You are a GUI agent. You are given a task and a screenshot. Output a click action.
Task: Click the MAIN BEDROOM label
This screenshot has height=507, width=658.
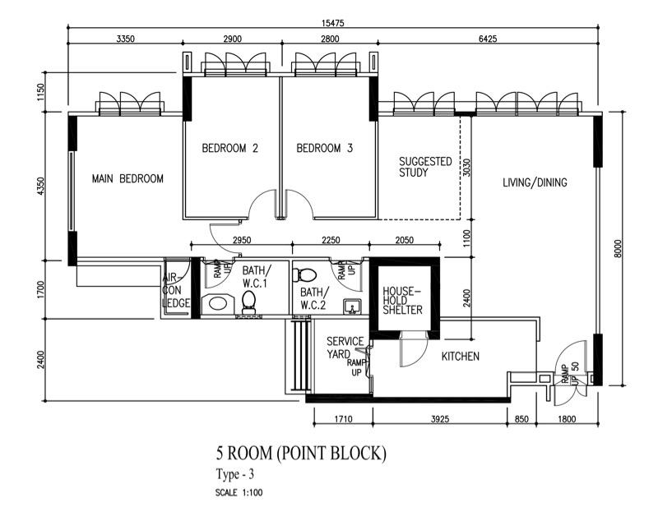pos(127,178)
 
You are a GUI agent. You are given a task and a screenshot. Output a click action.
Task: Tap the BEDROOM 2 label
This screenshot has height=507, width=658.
pos(230,149)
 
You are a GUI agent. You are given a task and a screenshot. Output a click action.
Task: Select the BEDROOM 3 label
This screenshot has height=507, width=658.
pos(324,149)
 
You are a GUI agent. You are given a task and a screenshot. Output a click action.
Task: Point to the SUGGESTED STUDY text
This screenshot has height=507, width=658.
pos(424,167)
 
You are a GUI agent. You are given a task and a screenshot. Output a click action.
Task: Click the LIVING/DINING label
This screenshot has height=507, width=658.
pos(535,182)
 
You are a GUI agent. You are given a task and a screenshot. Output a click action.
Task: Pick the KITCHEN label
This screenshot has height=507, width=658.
pos(461,356)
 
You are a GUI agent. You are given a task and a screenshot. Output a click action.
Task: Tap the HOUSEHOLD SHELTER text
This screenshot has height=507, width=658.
pos(403,300)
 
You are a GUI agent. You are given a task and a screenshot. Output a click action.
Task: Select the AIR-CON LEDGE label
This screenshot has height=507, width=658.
pos(176,291)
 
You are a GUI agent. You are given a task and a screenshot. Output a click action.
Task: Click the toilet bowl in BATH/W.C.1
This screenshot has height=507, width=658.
pos(249,304)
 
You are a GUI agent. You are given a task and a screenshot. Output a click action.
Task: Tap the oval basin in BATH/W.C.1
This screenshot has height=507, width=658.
pos(216,303)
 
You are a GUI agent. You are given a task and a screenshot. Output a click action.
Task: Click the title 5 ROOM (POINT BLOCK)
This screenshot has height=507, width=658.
pos(300,453)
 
